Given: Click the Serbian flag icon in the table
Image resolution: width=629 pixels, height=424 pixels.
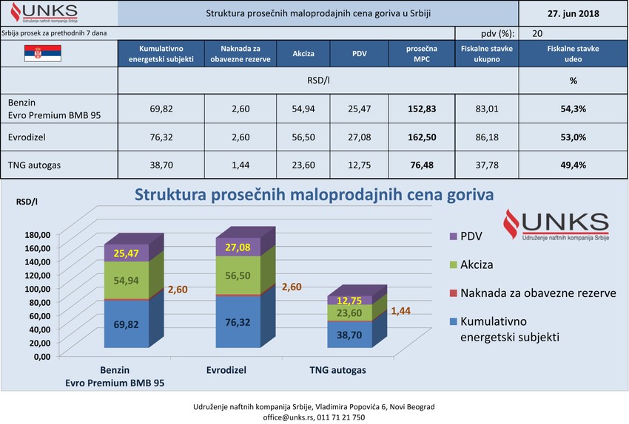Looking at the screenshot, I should point(43,53).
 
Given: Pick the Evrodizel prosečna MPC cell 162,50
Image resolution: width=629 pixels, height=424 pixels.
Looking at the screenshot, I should point(421,138).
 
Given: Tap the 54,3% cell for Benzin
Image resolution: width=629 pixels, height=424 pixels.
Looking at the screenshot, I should point(573,109).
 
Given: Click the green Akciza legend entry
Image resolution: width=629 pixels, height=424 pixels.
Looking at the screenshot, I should point(470,264).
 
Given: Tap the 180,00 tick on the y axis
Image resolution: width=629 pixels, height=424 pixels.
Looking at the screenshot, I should point(36,235).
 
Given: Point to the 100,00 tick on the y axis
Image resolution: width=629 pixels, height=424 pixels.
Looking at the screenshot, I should point(36,289).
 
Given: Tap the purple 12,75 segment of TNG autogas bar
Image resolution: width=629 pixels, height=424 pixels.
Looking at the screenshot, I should point(350,300).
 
